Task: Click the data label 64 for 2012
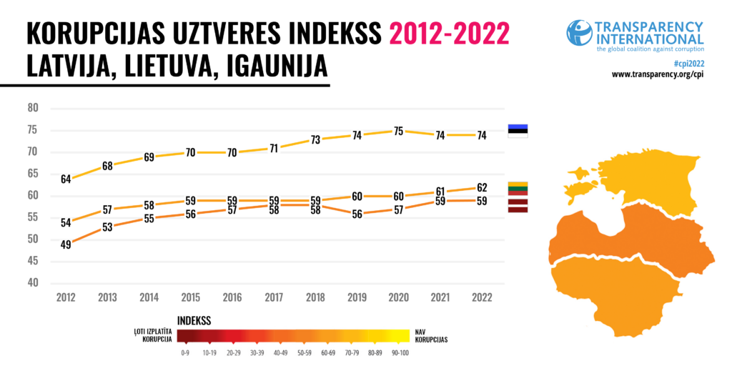[x=66, y=179]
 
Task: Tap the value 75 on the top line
[x=399, y=131]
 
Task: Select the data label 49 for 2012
[x=66, y=244]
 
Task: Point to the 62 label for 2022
[x=482, y=188]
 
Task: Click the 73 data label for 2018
[x=316, y=140]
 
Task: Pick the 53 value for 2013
[x=107, y=227]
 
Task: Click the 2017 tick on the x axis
[x=274, y=297]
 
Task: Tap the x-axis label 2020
[x=399, y=297]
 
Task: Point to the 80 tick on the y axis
[x=32, y=109]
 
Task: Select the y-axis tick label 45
[x=32, y=261]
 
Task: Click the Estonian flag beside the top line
[x=518, y=130]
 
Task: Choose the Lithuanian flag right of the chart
[x=518, y=188]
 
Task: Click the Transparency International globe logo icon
[x=579, y=32]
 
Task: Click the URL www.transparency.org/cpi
[x=658, y=74]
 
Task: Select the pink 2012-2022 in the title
[x=449, y=34]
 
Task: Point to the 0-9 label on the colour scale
[x=185, y=352]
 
